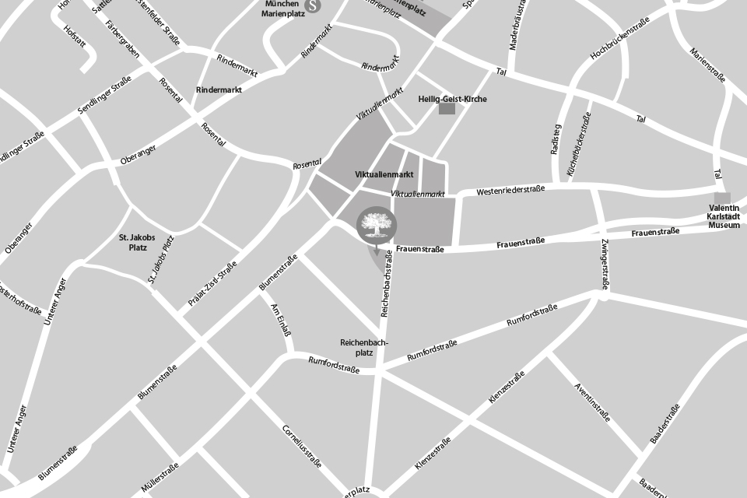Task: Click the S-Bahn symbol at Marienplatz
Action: click(313, 5)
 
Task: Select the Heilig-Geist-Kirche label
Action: click(453, 100)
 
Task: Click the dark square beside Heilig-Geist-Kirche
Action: click(447, 109)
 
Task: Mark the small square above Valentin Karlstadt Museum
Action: click(723, 198)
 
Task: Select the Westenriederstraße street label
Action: click(510, 190)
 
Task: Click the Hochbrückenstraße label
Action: click(619, 40)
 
